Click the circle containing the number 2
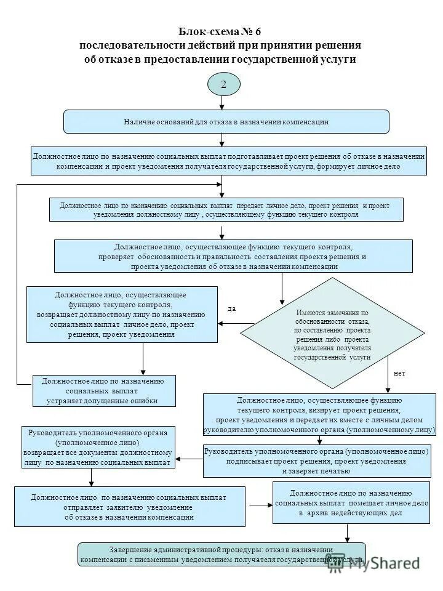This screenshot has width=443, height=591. pos(223,84)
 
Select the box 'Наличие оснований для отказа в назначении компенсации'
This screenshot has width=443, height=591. pos(226,122)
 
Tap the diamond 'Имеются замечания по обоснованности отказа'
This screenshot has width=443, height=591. pos(332,335)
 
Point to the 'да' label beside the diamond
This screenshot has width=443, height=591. pos(232,309)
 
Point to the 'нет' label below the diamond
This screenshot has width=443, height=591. pos(399,374)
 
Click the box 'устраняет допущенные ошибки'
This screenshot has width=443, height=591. pos(104,391)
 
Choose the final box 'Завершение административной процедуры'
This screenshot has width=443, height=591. pos(221,554)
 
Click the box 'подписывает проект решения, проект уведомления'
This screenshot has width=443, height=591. pos(317,461)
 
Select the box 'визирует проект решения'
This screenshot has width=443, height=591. pos(319,414)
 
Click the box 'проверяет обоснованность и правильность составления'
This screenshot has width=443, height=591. pos(233,256)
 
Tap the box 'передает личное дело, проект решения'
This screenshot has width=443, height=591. pos(226,209)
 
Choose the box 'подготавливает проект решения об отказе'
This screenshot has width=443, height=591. pos(229,161)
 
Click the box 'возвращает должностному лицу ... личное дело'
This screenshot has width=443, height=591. pos(122,315)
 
